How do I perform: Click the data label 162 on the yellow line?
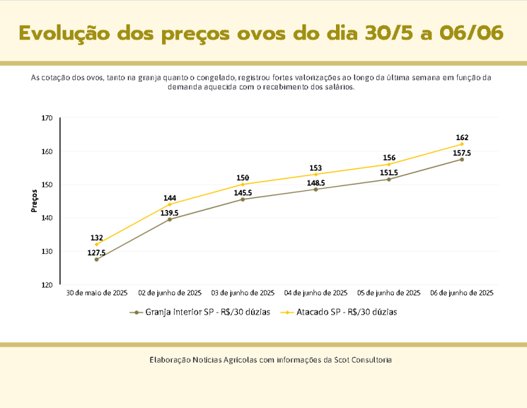pyautogui.click(x=462, y=138)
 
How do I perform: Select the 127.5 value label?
pyautogui.click(x=96, y=253)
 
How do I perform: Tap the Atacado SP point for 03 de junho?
pyautogui.click(x=242, y=184)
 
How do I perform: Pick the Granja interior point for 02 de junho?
pyautogui.click(x=169, y=219)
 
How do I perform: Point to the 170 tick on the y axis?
pyautogui.click(x=47, y=118)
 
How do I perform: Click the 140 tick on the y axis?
pyautogui.click(x=47, y=218)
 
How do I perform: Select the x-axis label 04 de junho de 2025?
pyautogui.click(x=316, y=292)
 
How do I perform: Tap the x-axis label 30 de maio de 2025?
pyautogui.click(x=96, y=292)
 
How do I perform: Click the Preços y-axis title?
pyautogui.click(x=34, y=201)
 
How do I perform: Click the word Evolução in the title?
pyautogui.click(x=63, y=32)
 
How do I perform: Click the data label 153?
pyautogui.click(x=316, y=168)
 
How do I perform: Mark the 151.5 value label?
pyautogui.click(x=389, y=172)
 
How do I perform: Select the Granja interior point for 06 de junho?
pyautogui.click(x=462, y=159)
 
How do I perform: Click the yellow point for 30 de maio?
pyautogui.click(x=96, y=244)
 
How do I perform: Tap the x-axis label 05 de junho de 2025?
pyautogui.click(x=389, y=292)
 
